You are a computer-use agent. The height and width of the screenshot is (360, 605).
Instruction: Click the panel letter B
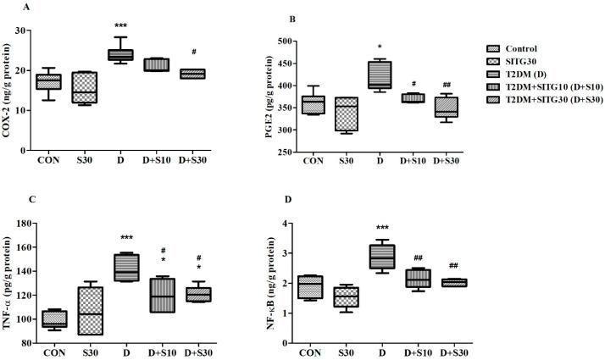291,18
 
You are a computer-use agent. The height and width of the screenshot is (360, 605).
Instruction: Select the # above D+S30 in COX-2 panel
195,51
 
